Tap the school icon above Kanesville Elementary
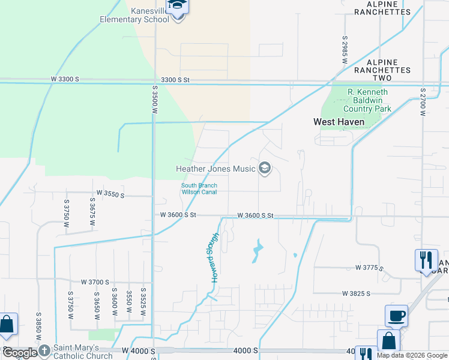(x=178, y=6)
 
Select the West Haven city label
(x=339, y=122)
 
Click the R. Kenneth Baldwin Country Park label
(x=367, y=100)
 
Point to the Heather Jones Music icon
(x=264, y=169)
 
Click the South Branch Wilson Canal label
(x=199, y=188)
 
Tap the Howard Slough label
(x=214, y=257)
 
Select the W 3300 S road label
(x=65, y=79)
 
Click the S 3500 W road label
(x=154, y=102)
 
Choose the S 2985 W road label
(x=345, y=46)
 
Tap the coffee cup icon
(x=396, y=315)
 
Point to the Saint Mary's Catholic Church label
(x=83, y=351)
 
